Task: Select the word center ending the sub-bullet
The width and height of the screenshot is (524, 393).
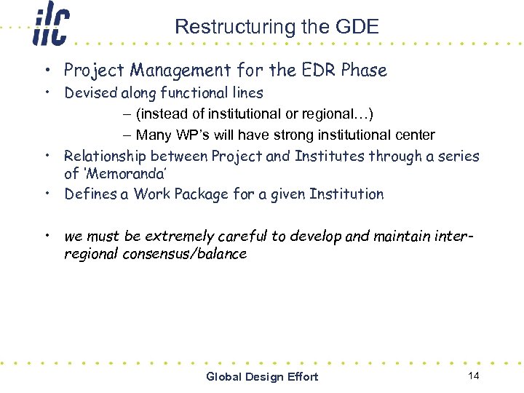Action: coord(415,135)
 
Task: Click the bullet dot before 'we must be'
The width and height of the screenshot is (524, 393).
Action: coord(46,236)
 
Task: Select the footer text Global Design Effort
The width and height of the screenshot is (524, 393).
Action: coord(262,376)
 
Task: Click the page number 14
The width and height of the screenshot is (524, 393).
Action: coord(474,376)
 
